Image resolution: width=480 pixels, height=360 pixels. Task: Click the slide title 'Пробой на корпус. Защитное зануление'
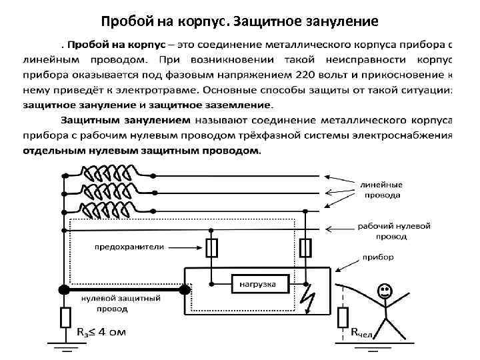[x=240, y=21]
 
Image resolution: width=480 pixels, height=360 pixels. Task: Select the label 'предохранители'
[x=129, y=246]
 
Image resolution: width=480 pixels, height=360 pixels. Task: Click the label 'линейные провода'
[x=381, y=190]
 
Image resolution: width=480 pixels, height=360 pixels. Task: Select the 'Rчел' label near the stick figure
[x=362, y=332]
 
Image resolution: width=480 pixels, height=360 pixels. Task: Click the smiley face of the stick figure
[x=383, y=291]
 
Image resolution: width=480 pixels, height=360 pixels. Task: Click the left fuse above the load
[x=212, y=248]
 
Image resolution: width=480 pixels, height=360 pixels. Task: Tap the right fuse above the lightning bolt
[x=305, y=248]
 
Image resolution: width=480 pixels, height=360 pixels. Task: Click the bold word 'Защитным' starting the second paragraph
[x=97, y=121]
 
